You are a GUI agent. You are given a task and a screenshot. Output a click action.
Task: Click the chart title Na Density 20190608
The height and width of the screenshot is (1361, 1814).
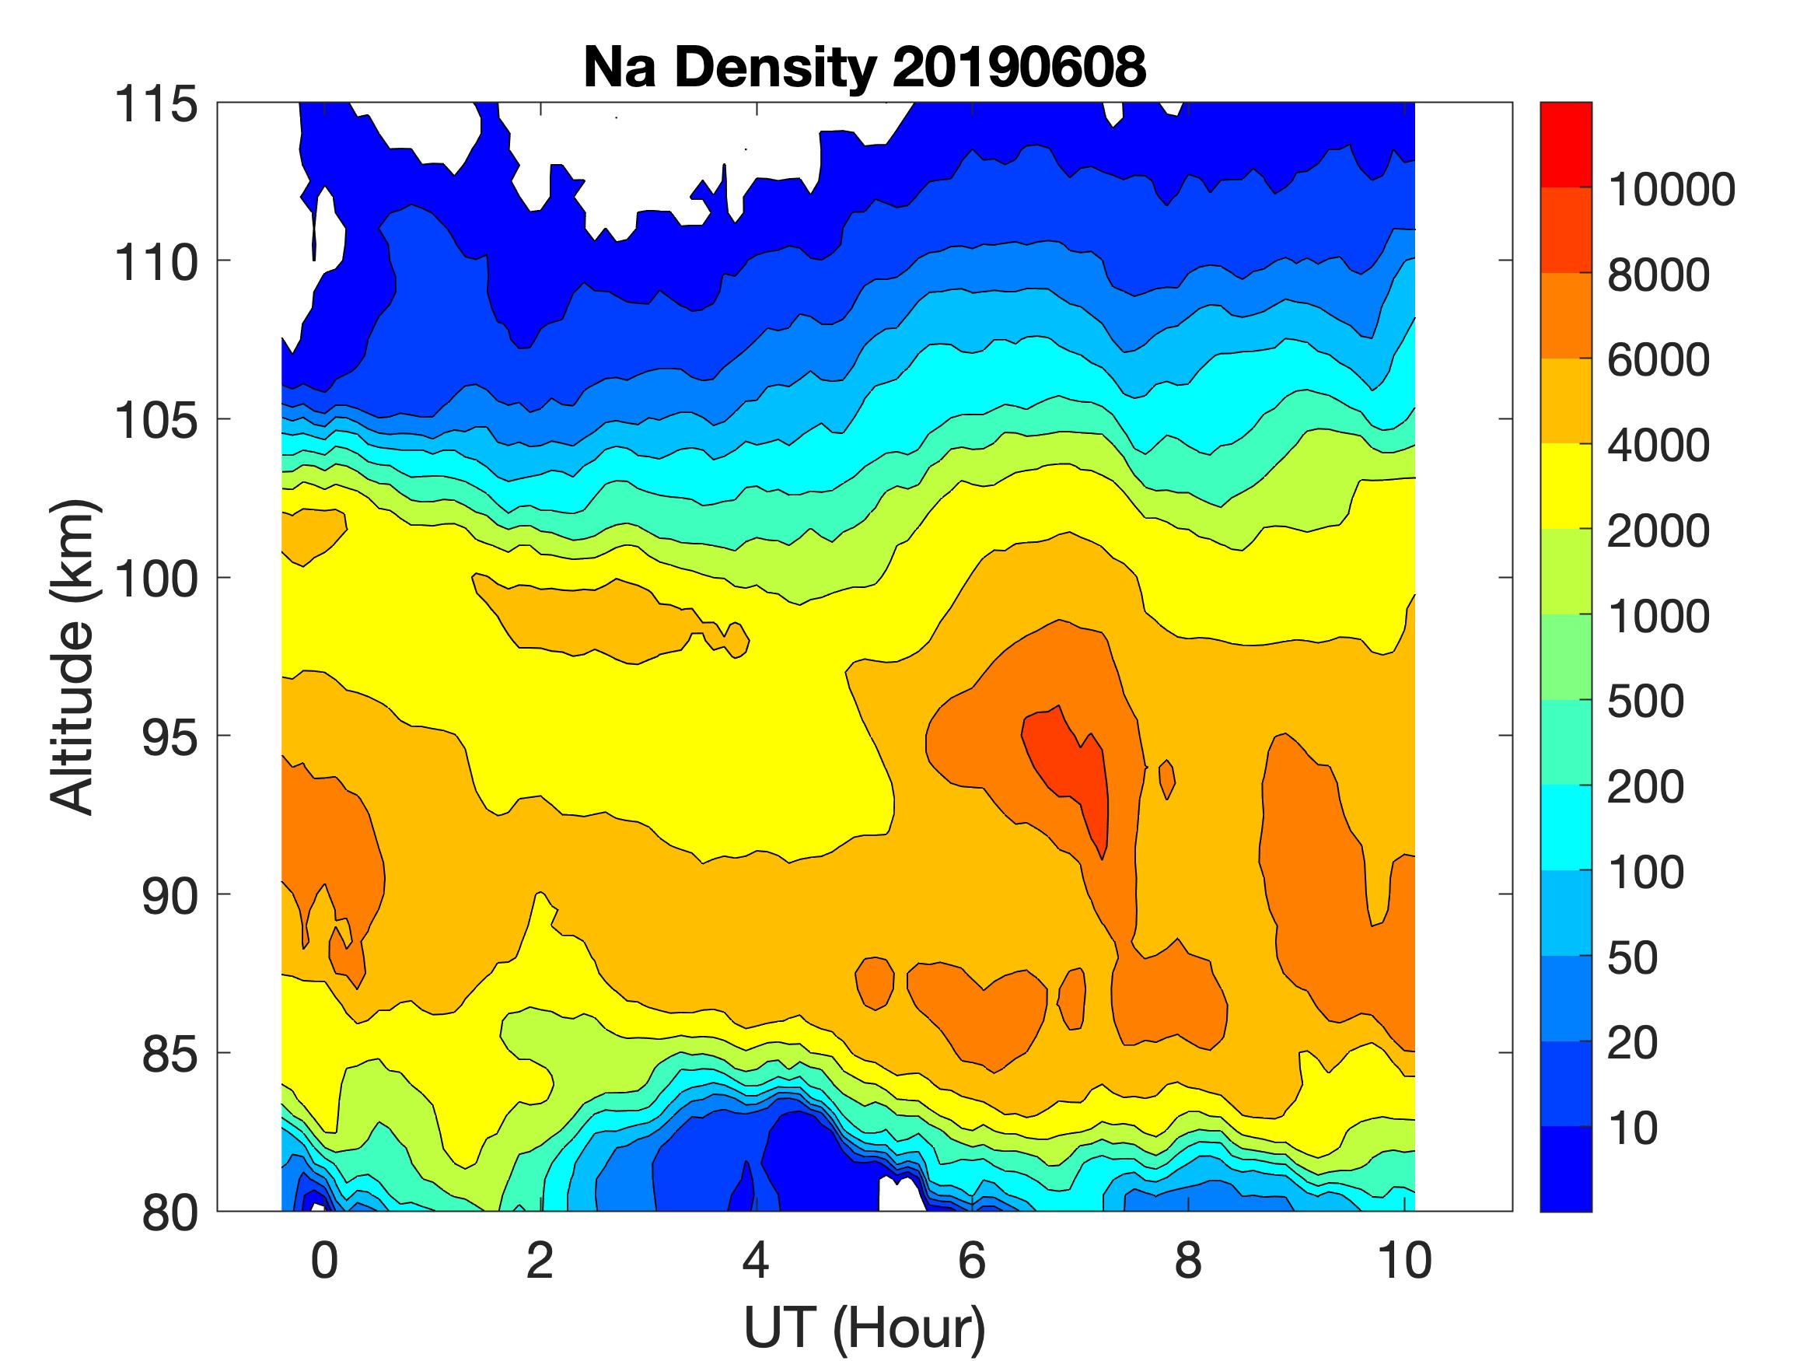(x=865, y=67)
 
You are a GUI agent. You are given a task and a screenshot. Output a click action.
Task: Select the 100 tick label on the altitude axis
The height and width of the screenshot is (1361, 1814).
(x=156, y=579)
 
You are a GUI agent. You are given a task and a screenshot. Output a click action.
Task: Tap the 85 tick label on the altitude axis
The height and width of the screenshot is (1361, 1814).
(x=170, y=1053)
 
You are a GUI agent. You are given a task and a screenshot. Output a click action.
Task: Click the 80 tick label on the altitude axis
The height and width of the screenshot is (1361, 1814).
(x=170, y=1212)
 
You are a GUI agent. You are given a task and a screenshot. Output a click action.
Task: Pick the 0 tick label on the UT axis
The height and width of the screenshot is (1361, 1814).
(x=324, y=1261)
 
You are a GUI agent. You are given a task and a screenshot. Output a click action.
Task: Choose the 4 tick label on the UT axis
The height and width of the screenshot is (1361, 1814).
(x=755, y=1261)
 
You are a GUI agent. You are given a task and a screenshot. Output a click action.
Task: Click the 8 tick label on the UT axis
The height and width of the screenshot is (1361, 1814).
(x=1187, y=1261)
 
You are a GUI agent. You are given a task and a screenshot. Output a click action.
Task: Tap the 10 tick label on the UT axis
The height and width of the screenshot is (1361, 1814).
(x=1404, y=1261)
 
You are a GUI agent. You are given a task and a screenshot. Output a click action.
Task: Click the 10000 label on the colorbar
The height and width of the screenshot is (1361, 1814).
(x=1671, y=190)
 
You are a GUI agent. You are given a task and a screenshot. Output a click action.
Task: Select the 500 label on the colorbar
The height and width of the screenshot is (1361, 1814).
(x=1645, y=702)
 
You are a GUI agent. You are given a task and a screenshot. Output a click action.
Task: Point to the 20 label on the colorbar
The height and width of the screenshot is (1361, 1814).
(x=1633, y=1044)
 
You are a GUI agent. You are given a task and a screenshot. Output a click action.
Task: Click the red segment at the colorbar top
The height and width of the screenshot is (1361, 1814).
(x=1565, y=145)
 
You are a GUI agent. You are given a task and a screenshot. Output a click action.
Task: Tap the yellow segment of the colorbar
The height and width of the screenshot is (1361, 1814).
(x=1565, y=485)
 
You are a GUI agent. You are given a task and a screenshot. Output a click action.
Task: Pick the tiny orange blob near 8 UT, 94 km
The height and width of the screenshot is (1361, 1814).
(x=1167, y=779)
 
